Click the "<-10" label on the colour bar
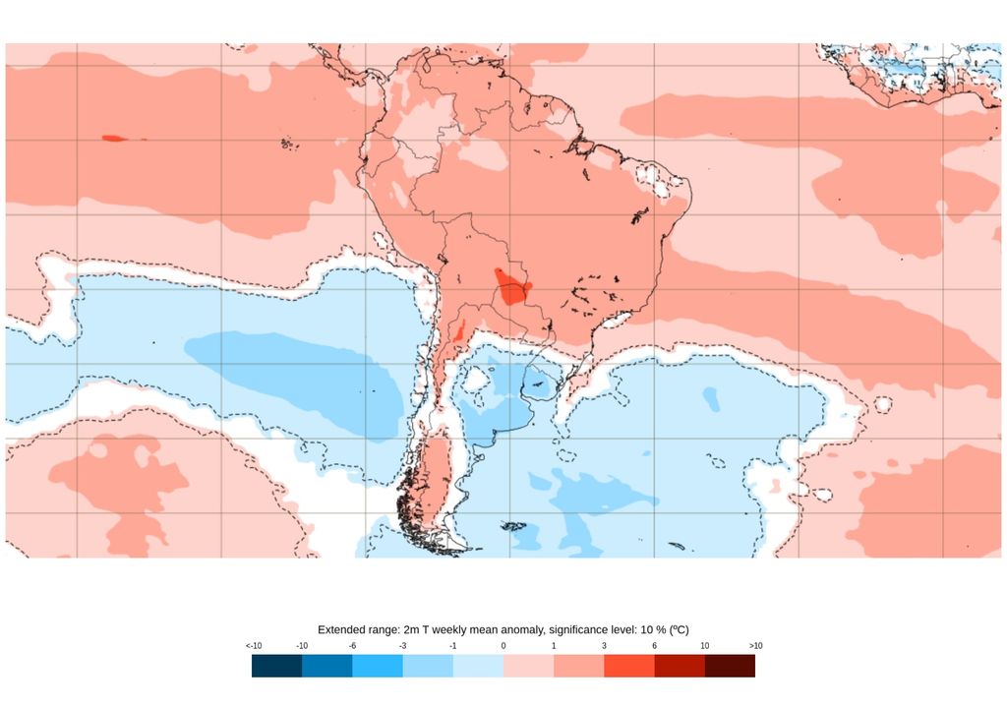coord(254,645)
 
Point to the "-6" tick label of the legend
coord(352,645)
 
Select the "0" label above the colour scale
coord(503,645)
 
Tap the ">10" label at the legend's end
coord(754,645)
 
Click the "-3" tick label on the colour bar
coord(402,645)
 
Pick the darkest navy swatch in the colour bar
coord(276,666)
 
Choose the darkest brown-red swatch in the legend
coord(730,666)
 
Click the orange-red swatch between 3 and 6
coord(628,666)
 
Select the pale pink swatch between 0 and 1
coord(528,666)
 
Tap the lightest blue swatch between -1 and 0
coord(478,666)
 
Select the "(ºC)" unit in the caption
coord(677,628)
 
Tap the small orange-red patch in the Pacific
coord(114,138)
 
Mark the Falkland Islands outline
coord(514,526)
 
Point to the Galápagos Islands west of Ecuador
coord(288,145)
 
